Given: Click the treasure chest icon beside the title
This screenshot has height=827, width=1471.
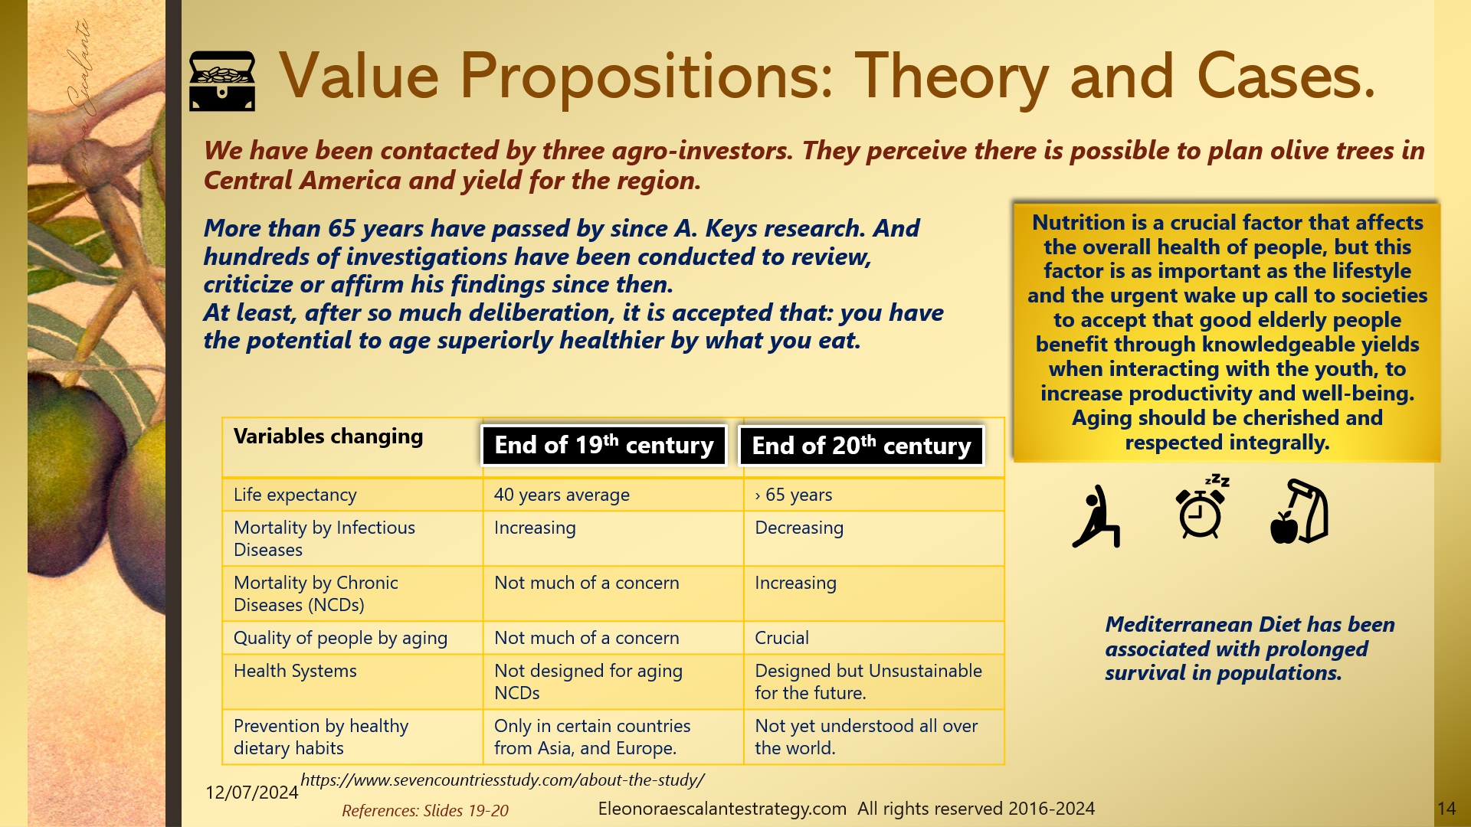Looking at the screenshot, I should (222, 81).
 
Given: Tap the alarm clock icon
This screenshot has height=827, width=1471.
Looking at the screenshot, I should (1201, 509).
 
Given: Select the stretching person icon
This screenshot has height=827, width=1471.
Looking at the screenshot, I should (1097, 516).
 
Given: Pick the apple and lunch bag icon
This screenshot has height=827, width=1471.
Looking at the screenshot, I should (1299, 512).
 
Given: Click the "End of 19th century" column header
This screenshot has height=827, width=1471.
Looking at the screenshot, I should (604, 446).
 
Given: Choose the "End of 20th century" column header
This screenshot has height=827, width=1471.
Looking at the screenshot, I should (861, 446).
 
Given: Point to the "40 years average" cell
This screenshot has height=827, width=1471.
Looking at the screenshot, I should (562, 495).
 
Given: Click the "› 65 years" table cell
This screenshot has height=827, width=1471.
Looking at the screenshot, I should (794, 495).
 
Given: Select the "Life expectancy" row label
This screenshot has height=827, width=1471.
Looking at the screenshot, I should (295, 495).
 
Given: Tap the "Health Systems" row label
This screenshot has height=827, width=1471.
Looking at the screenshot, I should (295, 672).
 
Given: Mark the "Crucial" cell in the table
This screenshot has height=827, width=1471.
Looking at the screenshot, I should (781, 639).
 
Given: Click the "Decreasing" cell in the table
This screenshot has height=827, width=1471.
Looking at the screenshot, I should (799, 528).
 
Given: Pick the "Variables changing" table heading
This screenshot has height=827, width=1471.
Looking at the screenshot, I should (328, 436).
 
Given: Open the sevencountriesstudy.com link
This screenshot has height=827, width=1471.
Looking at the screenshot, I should (503, 780).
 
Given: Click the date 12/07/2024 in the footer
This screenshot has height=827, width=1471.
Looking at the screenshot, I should (251, 793).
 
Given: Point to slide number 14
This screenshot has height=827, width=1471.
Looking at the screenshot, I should (1446, 809).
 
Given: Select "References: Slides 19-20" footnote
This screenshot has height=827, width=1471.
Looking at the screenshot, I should (425, 811).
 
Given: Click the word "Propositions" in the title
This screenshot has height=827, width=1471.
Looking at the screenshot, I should (646, 77).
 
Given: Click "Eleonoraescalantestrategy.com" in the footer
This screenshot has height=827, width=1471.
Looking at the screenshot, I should (722, 809).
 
